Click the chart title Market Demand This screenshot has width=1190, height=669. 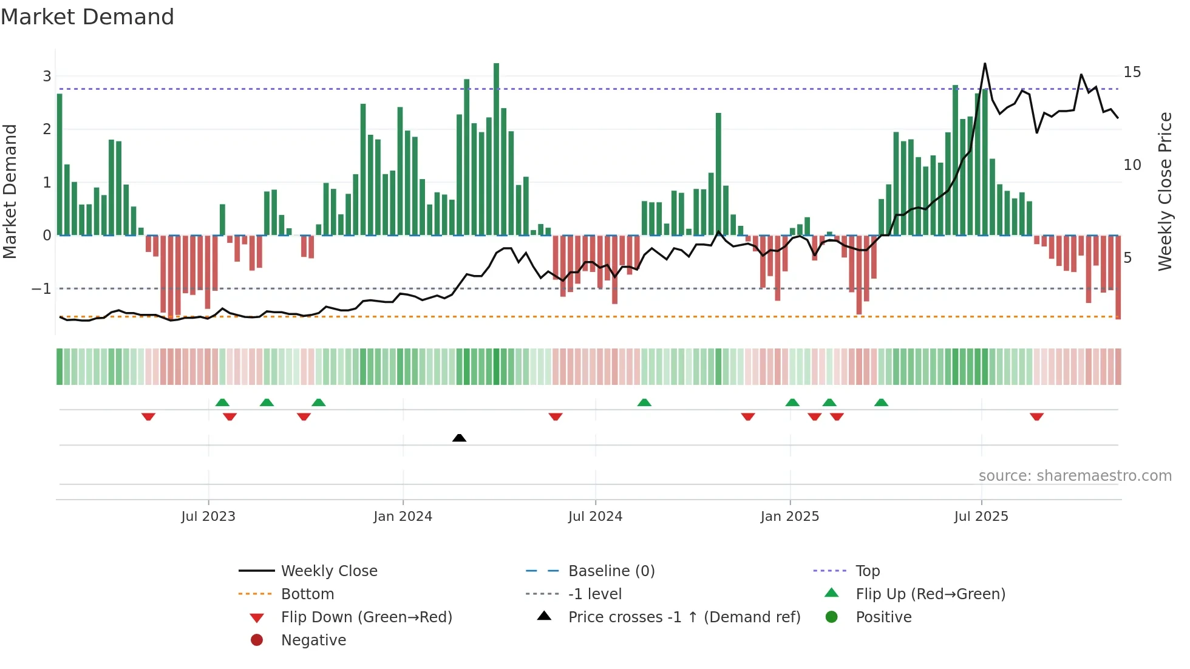pos(87,17)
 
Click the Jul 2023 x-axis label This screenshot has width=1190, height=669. pos(208,517)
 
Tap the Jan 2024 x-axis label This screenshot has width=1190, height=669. pos(403,517)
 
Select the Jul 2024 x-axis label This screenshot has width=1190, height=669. pos(595,517)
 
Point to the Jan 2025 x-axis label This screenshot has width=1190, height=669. pos(789,517)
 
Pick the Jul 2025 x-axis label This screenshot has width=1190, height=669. pos(981,517)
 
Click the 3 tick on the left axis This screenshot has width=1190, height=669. pos(47,76)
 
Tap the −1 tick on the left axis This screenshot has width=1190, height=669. pos(41,289)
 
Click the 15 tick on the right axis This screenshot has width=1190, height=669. pos(1132,72)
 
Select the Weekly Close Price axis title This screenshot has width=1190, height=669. pos(1164,191)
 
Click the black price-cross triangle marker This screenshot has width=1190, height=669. pos(460,438)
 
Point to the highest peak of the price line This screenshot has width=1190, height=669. pos(985,64)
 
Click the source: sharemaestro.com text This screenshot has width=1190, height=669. pos(1075,476)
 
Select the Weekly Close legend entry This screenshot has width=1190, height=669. pos(328,571)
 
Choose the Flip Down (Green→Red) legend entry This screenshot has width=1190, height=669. pos(366,617)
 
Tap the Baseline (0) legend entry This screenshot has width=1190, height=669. pos(611,571)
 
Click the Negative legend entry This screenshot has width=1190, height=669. pos(313,640)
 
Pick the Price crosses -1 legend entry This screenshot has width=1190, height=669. pos(684,617)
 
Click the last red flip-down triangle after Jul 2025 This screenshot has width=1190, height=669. pos(1036,416)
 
